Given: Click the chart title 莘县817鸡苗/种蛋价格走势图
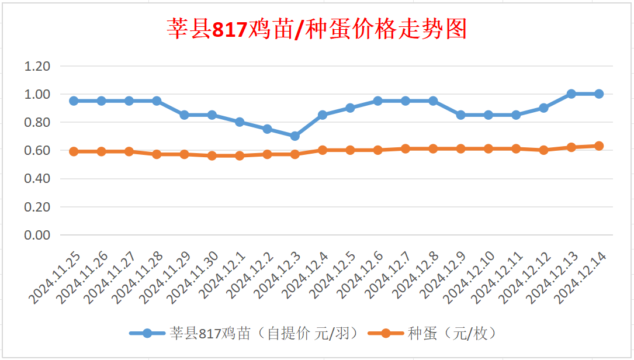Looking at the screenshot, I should point(317,29).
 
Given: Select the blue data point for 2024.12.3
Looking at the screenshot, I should point(295,136).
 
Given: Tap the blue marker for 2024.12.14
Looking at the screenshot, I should point(599,94).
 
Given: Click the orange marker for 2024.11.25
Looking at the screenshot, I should point(74,151).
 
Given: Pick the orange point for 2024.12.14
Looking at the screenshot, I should point(599,146).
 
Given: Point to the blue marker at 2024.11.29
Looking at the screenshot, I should point(184,115).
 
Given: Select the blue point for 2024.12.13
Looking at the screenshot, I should point(571,94).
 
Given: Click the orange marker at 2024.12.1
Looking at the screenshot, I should point(240,156).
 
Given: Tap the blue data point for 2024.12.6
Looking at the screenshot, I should point(378,101).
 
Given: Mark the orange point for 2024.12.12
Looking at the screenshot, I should point(544,150).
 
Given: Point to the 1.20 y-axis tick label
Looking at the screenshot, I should point(37,66).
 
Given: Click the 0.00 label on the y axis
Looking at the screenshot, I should point(37,235).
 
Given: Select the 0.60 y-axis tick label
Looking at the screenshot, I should point(37,151).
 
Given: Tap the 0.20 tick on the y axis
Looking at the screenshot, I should point(37,207).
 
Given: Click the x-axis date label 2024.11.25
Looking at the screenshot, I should point(55,279).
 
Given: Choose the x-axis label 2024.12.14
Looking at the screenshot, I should point(581,279).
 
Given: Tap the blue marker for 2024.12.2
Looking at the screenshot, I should point(267,129).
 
